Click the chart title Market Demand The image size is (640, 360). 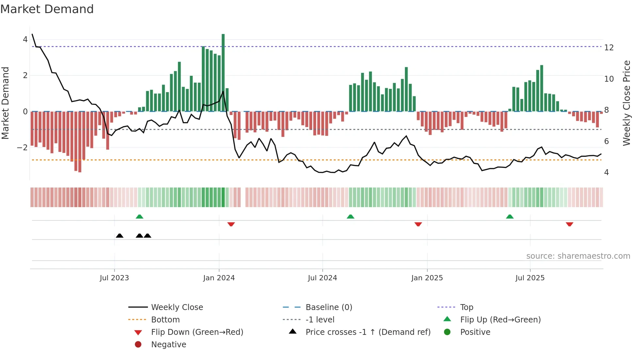47,9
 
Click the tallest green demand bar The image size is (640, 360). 223,73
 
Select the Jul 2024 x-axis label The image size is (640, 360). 322,278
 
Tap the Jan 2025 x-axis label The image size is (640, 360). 427,278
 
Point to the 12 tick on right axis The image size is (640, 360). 609,48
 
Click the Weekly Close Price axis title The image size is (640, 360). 626,103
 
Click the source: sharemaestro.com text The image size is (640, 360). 578,256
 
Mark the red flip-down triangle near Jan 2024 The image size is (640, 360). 231,224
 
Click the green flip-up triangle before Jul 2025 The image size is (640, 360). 510,217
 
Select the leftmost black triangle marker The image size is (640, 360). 120,236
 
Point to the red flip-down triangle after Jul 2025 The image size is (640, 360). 569,224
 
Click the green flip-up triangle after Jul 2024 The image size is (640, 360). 350,217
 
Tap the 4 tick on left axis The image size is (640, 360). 25,40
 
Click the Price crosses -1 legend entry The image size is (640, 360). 368,332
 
